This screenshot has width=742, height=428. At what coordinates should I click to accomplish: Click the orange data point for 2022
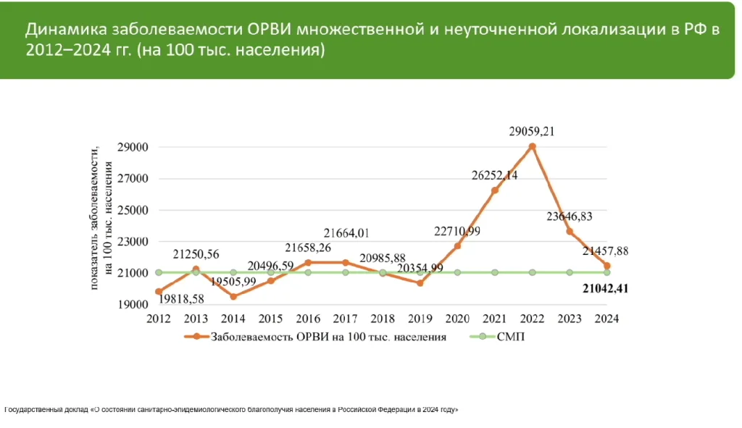click(533, 146)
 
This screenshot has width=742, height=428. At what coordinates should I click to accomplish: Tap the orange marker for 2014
click(233, 296)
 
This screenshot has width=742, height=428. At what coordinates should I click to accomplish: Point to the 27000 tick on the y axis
click(134, 179)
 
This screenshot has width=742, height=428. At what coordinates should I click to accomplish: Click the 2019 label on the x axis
click(420, 318)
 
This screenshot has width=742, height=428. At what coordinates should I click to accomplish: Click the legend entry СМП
click(509, 337)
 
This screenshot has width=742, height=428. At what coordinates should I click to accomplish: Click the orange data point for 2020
click(458, 246)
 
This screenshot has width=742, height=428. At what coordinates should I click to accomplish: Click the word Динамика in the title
click(66, 30)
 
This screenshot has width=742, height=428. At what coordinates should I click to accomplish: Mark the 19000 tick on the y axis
click(134, 304)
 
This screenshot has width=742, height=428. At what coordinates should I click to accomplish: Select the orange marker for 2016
click(308, 262)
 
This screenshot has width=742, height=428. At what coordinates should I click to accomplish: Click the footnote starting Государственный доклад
click(232, 410)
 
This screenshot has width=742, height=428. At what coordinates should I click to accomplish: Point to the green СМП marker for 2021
click(495, 272)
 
